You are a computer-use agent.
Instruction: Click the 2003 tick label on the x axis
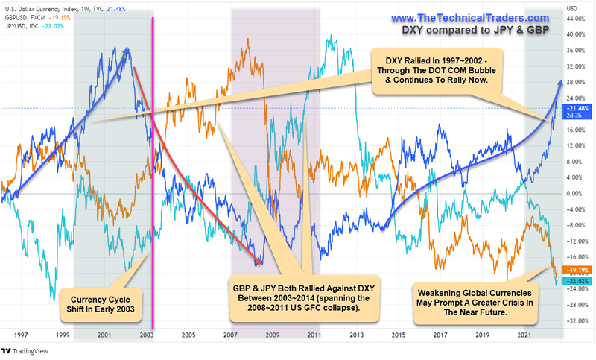coord(147,335)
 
